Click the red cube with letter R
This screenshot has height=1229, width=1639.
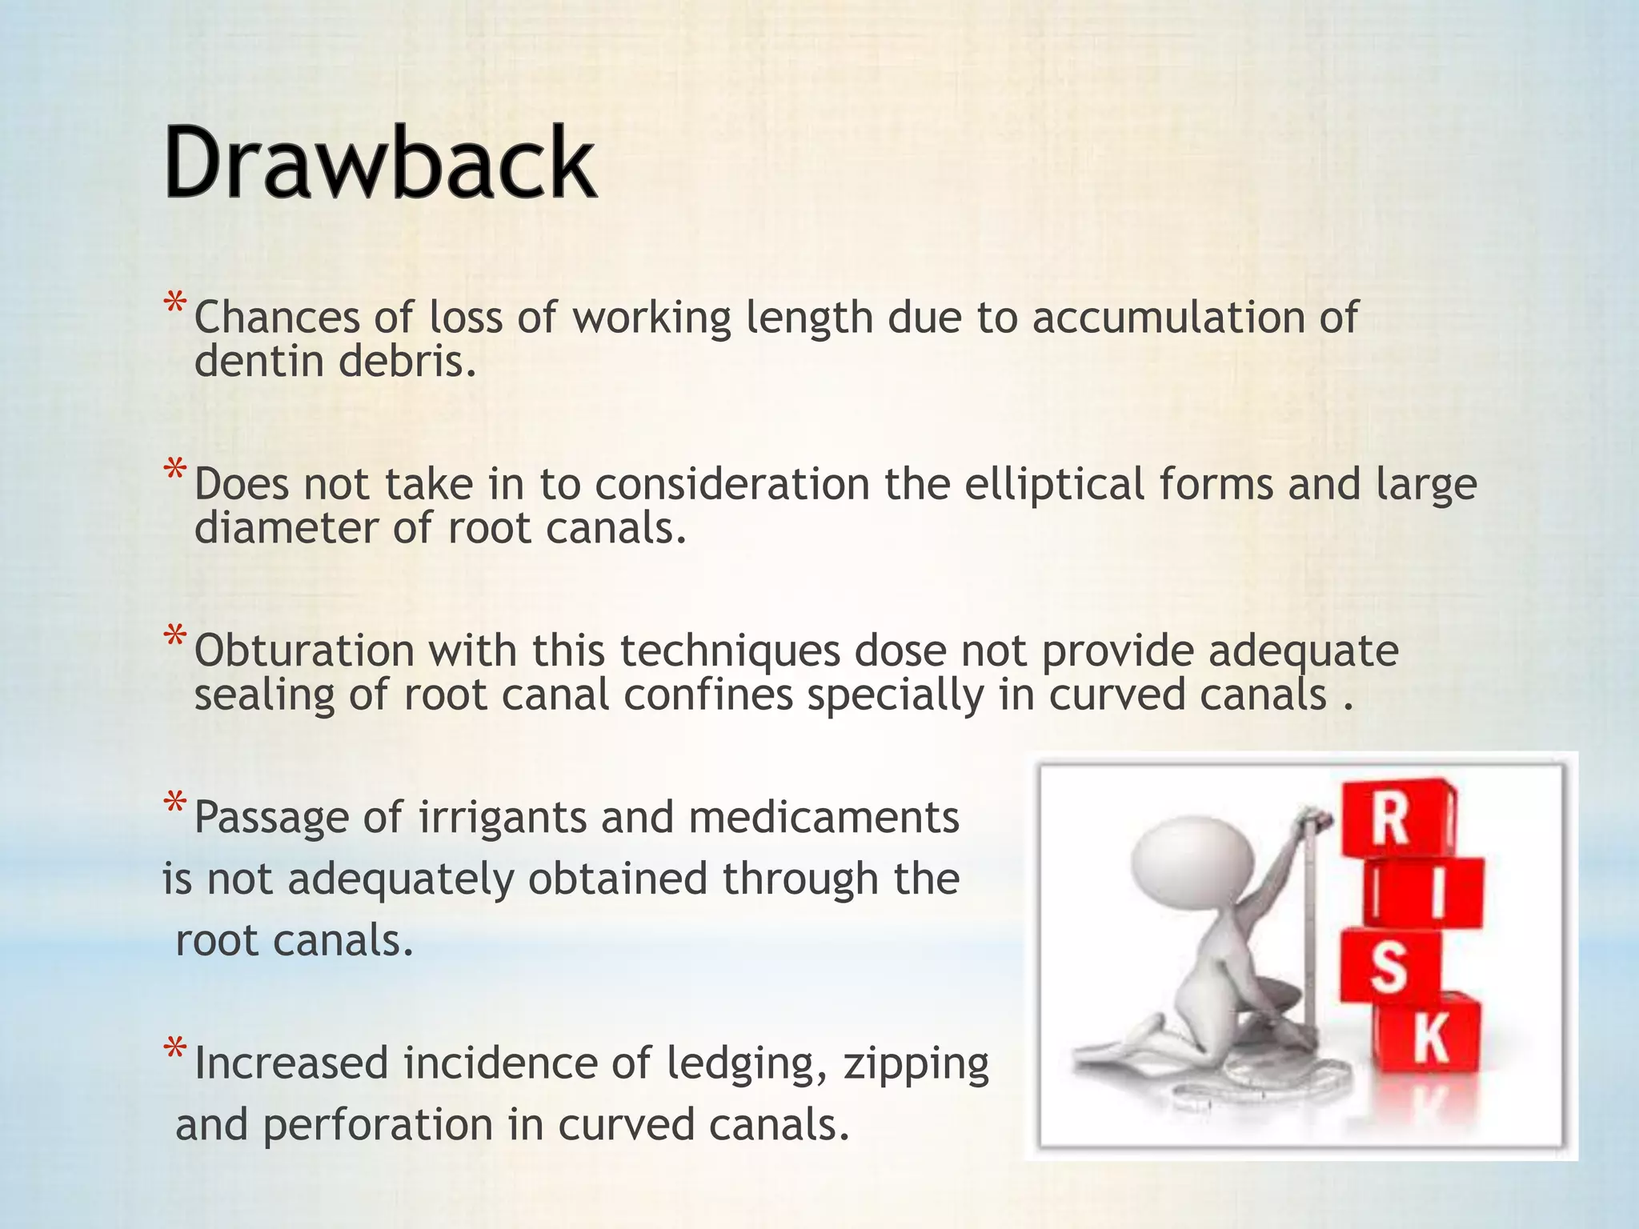pyautogui.click(x=1397, y=821)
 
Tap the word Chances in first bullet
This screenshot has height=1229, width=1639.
pyautogui.click(x=277, y=318)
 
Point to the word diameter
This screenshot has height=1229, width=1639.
pyautogui.click(x=286, y=529)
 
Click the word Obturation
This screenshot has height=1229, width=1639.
pyautogui.click(x=304, y=651)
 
